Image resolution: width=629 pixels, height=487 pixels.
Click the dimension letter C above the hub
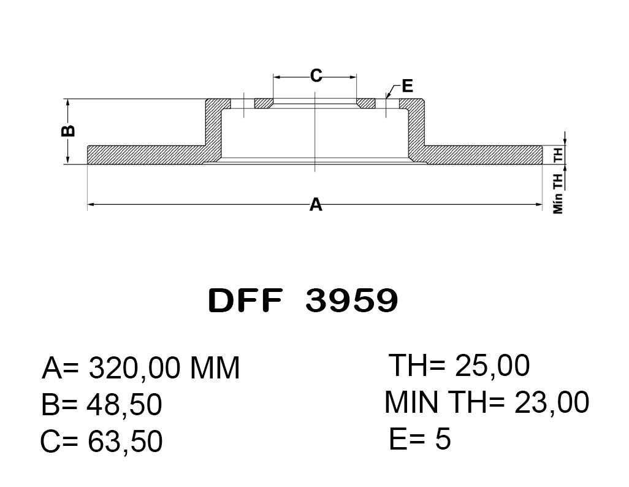316,75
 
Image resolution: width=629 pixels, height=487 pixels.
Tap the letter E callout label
407,86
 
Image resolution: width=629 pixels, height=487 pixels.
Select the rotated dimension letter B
68,131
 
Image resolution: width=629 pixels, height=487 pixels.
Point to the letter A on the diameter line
316,204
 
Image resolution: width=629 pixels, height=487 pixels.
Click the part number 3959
351,301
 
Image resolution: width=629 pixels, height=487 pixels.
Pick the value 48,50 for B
124,405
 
